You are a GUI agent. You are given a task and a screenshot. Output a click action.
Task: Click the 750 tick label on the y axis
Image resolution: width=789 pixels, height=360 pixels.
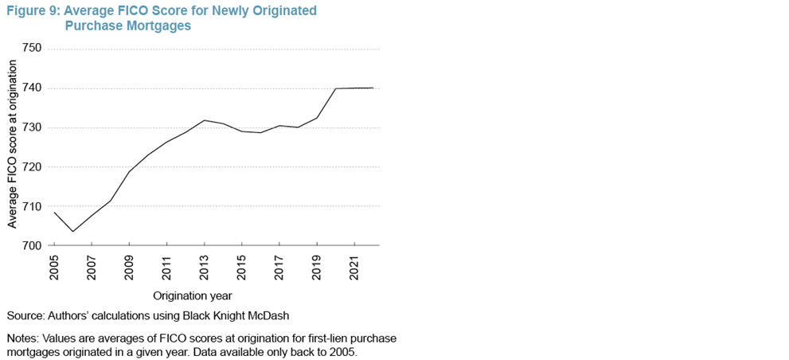33,49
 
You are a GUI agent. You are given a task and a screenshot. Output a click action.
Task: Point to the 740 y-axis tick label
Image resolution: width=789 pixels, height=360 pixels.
33,88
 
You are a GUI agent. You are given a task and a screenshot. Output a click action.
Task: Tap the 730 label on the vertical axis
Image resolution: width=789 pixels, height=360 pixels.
33,127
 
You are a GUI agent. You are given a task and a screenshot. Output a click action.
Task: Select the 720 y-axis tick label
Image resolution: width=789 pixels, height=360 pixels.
33,167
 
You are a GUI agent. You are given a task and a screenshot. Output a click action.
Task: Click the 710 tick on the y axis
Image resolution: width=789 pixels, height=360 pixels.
33,206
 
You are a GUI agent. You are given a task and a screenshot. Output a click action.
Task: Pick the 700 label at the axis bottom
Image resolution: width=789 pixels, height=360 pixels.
33,245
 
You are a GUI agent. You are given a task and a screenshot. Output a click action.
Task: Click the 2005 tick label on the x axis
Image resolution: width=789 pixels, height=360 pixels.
54,266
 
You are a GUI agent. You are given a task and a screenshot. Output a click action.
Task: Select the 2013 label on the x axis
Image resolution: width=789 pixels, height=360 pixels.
205,266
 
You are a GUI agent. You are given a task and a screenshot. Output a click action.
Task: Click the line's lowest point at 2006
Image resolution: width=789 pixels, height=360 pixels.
73,232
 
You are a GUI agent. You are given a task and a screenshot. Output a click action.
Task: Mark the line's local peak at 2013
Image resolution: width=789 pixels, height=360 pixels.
205,120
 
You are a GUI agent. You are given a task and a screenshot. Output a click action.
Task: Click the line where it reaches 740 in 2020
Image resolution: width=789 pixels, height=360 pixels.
336,88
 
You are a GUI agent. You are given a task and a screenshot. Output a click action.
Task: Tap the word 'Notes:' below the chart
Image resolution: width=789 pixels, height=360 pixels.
24,338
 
